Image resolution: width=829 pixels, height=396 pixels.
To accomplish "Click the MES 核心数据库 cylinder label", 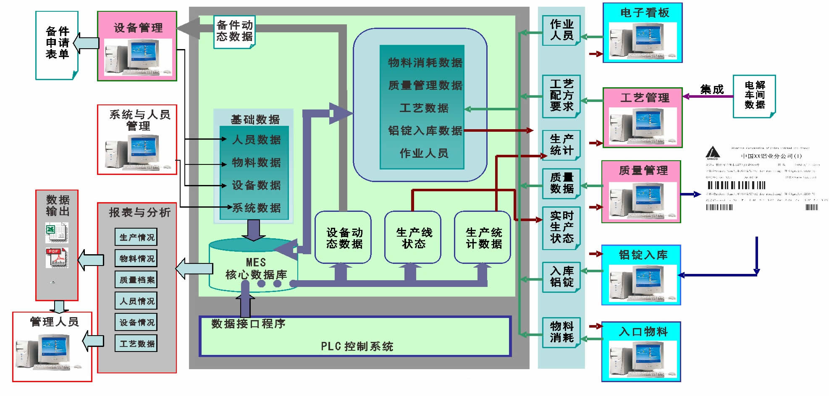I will (256, 269).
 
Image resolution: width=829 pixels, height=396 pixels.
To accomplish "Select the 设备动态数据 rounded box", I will (343, 238).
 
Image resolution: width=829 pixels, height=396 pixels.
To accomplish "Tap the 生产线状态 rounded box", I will (413, 238).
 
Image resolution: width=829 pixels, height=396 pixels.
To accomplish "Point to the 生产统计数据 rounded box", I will (483, 238).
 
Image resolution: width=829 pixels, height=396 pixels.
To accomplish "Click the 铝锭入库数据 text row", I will (425, 131).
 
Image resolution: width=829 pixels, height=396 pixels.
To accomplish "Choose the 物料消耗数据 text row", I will (425, 63).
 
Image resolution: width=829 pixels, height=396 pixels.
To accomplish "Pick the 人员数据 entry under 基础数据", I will (256, 140).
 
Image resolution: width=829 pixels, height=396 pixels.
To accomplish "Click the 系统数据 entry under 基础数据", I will (256, 208).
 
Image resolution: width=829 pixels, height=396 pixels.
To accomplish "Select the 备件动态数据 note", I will (234, 31).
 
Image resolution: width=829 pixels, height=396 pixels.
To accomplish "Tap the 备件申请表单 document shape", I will (57, 44).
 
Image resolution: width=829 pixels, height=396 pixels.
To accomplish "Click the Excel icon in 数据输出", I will (56, 232).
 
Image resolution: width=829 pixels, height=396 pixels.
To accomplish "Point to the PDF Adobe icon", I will (57, 258).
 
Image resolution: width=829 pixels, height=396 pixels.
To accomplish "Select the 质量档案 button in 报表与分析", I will (136, 280).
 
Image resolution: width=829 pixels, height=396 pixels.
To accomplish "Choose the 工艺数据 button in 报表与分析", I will (136, 344).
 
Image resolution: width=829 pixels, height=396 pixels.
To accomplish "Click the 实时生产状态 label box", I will (561, 227).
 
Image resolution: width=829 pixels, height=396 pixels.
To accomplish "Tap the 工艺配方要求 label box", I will (561, 96).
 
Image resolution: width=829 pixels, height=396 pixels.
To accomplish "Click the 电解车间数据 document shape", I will (754, 95).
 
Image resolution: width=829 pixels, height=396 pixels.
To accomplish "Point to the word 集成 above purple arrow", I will (712, 89).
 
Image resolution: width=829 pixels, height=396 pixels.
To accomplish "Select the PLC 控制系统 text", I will (357, 346).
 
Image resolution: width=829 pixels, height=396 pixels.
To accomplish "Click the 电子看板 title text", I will (644, 13).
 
